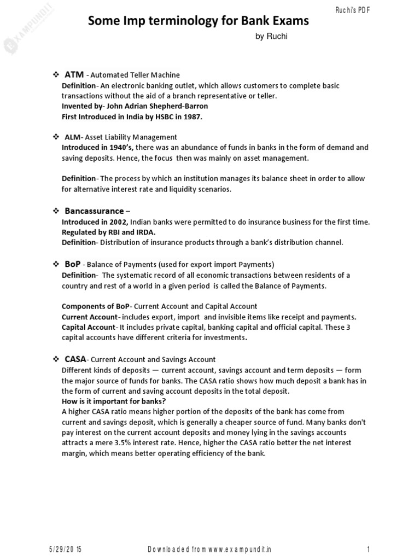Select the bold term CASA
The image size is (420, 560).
[x=75, y=359]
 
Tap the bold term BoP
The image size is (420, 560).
[x=73, y=264]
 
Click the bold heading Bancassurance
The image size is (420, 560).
[x=94, y=211]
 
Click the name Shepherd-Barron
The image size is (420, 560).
[x=181, y=106]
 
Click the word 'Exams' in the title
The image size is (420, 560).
[x=283, y=21]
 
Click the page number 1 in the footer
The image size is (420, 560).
[x=370, y=549]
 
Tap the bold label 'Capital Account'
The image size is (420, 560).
[x=89, y=327]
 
